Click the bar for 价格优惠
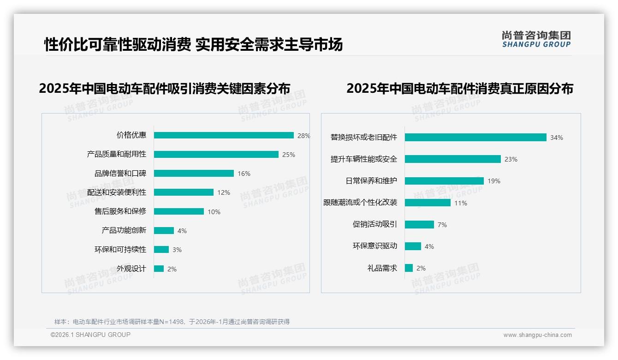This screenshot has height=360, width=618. (x=224, y=135)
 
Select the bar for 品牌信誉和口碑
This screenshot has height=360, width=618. (x=194, y=173)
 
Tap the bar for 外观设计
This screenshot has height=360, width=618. (x=159, y=269)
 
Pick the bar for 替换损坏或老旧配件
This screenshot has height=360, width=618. (x=475, y=137)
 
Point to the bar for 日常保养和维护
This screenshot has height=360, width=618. (x=444, y=181)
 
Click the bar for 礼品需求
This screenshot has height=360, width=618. (x=409, y=268)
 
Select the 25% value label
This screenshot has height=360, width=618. (x=289, y=155)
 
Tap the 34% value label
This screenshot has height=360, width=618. (x=556, y=138)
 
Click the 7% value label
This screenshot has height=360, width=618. (x=442, y=225)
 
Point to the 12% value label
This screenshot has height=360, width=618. (x=224, y=192)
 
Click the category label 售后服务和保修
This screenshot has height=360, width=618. (x=120, y=211)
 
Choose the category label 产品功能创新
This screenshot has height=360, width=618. (x=124, y=230)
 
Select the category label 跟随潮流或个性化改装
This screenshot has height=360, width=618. (x=360, y=203)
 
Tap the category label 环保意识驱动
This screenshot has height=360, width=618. (x=375, y=246)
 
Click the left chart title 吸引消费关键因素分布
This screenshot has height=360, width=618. (x=165, y=89)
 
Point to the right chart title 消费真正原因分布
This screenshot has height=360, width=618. (x=459, y=89)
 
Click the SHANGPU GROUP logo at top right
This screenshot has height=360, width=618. (x=536, y=39)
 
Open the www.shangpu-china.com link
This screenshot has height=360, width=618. (x=537, y=335)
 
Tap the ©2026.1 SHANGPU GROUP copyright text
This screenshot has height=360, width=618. (x=90, y=335)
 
